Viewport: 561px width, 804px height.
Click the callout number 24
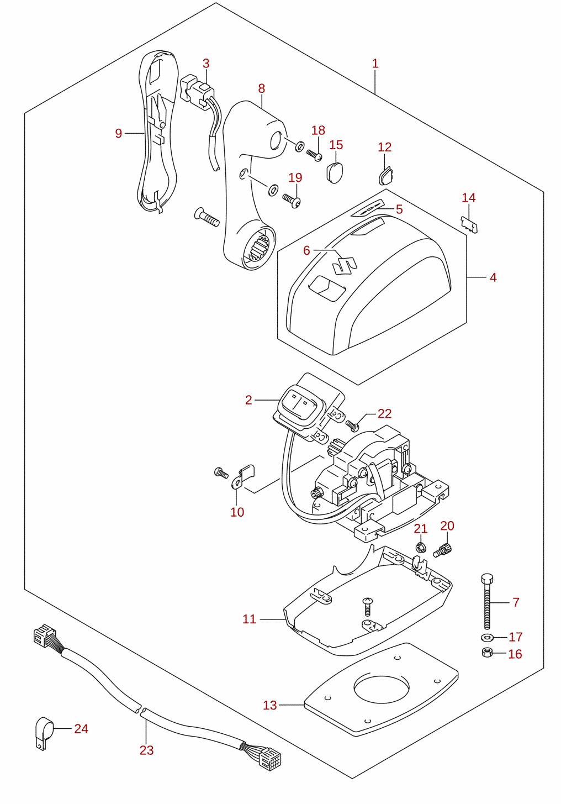(x=81, y=728)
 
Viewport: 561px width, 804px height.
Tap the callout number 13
(x=270, y=705)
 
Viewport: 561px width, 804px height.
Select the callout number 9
(x=118, y=133)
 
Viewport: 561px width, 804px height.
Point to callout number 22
(x=384, y=413)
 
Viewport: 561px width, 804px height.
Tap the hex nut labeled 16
(x=486, y=653)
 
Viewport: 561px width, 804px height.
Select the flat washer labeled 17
(x=486, y=638)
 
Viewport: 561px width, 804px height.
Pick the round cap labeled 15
(x=335, y=172)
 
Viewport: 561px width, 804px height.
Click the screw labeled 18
(x=314, y=155)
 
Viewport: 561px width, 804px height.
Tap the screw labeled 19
(x=292, y=200)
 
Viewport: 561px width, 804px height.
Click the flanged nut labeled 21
(x=421, y=548)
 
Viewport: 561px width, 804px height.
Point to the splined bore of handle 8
(x=260, y=248)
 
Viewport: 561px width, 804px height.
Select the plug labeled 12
(x=387, y=175)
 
